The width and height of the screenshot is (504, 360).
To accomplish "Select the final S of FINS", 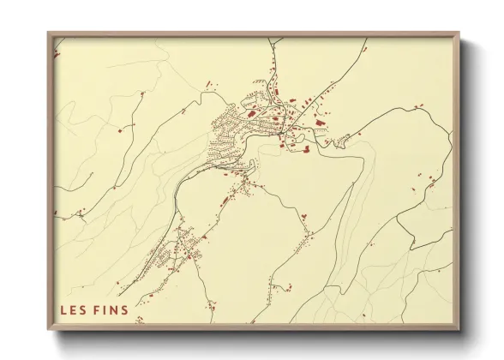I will [x=124, y=309].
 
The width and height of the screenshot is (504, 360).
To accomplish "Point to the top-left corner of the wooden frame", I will [x=48, y=33].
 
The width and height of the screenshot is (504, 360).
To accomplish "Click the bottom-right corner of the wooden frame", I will [x=459, y=331].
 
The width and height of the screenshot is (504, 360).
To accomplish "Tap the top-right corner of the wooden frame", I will [x=459, y=33].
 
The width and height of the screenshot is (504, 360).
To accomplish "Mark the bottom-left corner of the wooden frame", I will [x=48, y=331].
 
